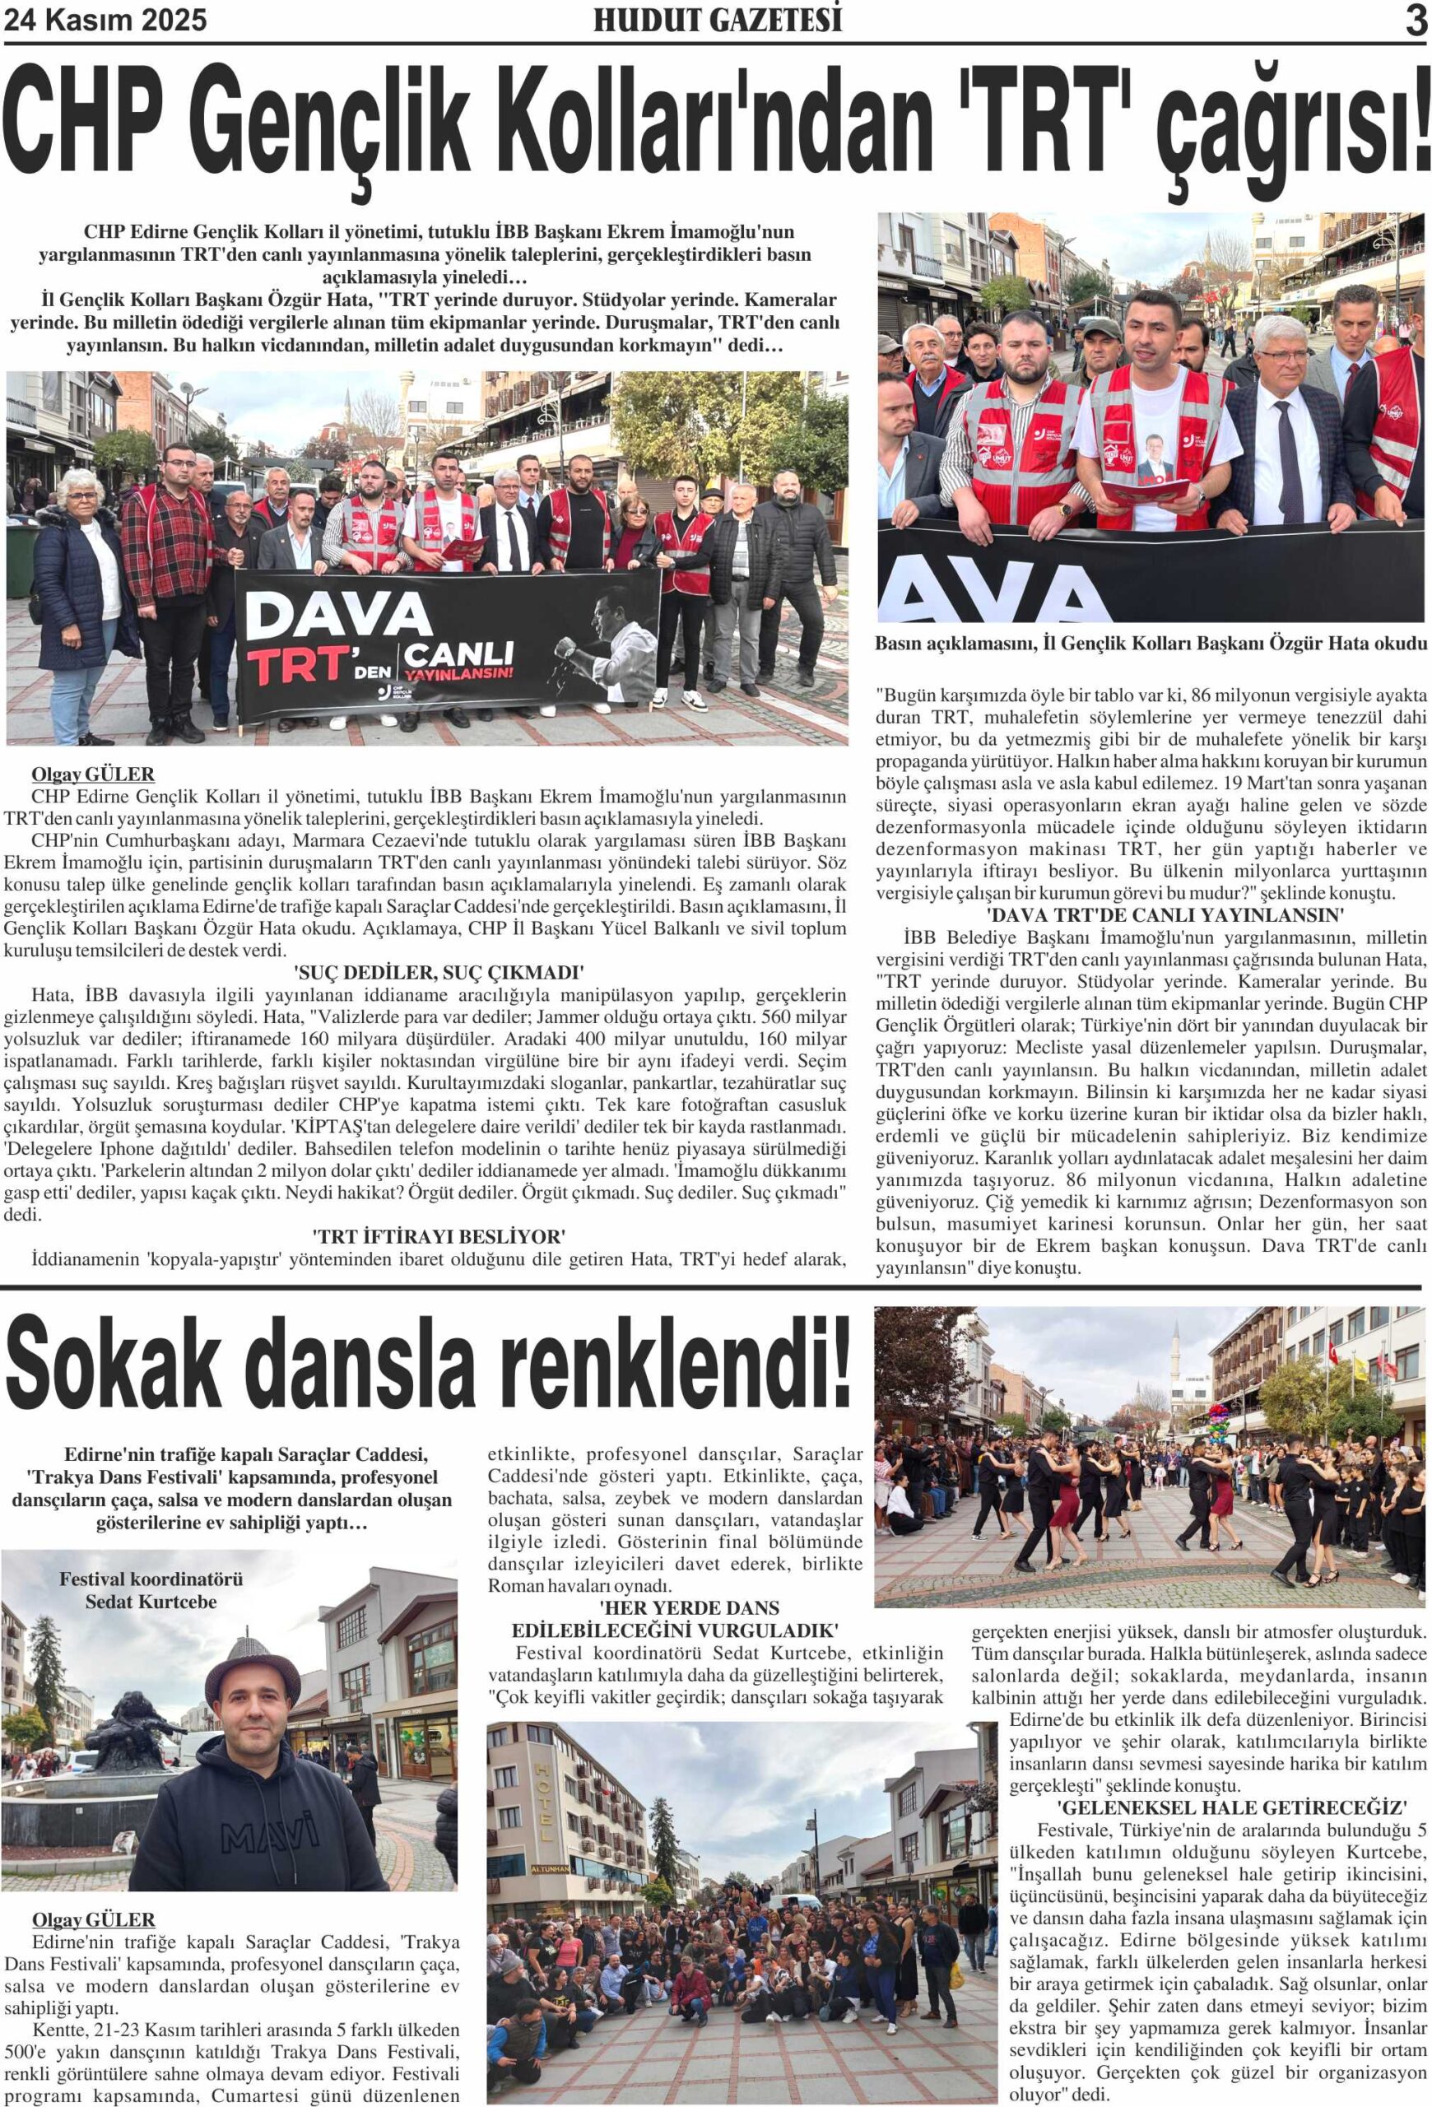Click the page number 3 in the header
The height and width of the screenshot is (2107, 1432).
click(x=1416, y=21)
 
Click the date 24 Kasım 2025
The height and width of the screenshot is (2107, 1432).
click(x=105, y=20)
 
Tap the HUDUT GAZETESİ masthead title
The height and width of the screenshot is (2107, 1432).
click(x=717, y=20)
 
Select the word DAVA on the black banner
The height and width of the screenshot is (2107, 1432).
click(x=337, y=616)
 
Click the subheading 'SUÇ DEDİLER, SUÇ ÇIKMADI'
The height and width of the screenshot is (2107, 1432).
click(x=439, y=973)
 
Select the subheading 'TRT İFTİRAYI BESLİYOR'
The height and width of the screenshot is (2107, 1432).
click(x=439, y=1237)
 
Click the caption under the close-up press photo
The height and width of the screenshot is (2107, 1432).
click(x=1151, y=644)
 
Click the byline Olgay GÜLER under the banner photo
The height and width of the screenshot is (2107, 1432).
click(x=92, y=774)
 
